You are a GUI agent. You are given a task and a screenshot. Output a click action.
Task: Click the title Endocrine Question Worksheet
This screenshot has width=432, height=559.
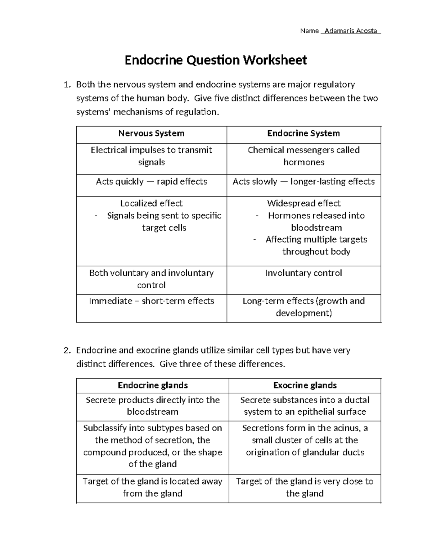click(x=216, y=60)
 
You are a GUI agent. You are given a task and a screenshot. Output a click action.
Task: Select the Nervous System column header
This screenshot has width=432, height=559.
click(x=151, y=134)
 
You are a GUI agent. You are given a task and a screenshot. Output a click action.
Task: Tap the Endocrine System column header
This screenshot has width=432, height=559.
click(x=303, y=134)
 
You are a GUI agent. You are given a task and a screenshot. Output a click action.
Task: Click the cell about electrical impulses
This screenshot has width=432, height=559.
click(x=151, y=156)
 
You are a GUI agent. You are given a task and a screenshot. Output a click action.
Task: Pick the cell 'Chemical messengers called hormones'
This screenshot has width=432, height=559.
click(x=303, y=156)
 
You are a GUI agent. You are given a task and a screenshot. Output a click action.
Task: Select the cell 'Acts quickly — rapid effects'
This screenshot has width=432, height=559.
click(x=151, y=181)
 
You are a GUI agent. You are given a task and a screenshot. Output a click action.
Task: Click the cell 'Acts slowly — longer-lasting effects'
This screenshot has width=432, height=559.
click(x=303, y=181)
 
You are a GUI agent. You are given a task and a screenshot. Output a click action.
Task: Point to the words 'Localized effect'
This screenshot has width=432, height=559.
click(x=151, y=203)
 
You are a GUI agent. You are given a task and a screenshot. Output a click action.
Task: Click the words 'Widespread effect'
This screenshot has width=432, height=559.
click(x=303, y=203)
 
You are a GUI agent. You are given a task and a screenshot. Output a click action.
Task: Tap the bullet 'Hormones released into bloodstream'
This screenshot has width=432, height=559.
click(x=316, y=221)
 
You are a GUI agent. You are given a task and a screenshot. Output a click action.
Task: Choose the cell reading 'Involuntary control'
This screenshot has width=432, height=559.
click(x=303, y=273)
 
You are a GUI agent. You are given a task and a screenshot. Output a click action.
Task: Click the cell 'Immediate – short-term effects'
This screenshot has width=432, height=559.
click(x=151, y=301)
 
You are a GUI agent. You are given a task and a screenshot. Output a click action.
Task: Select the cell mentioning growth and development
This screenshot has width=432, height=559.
click(x=303, y=307)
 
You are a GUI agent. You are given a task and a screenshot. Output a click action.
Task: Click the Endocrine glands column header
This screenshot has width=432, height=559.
click(x=153, y=386)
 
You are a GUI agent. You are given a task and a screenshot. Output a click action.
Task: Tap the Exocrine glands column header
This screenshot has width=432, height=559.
click(x=305, y=386)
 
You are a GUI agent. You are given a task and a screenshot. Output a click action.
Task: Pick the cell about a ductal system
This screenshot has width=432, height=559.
click(x=305, y=406)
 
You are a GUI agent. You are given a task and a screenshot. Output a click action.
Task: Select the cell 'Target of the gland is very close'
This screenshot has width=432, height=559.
click(x=305, y=487)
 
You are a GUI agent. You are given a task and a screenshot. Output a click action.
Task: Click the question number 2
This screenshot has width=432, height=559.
click(x=66, y=351)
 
